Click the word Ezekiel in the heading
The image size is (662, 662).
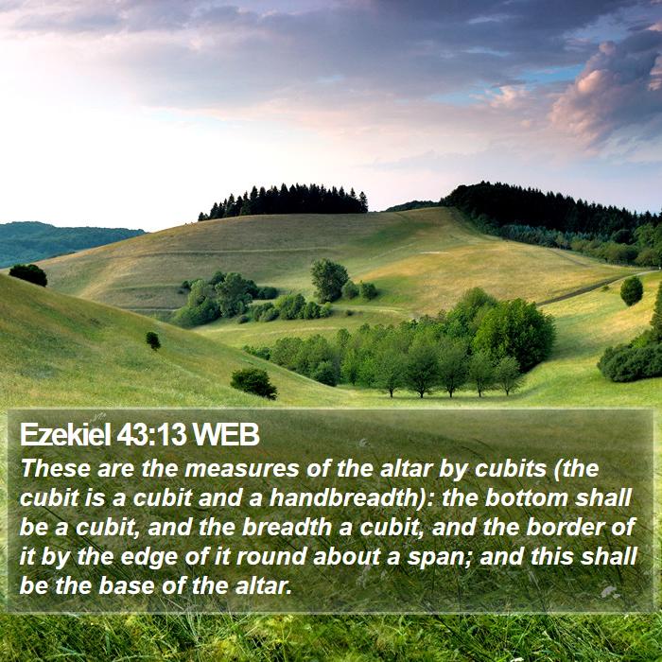click(x=65, y=434)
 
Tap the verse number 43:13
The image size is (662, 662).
click(x=151, y=434)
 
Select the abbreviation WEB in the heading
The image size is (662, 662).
click(x=225, y=434)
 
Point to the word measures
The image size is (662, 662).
click(x=241, y=469)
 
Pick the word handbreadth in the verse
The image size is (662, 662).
click(x=343, y=497)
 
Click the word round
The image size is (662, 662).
click(x=271, y=557)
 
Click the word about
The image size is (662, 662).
click(x=347, y=557)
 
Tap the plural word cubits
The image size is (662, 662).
click(x=511, y=468)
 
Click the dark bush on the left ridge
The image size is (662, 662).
click(x=28, y=275)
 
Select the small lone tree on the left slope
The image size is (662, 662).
click(x=153, y=340)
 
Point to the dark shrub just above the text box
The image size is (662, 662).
click(x=253, y=383)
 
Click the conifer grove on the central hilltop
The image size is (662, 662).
click(x=284, y=200)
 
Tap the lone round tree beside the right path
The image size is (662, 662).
click(x=631, y=291)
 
